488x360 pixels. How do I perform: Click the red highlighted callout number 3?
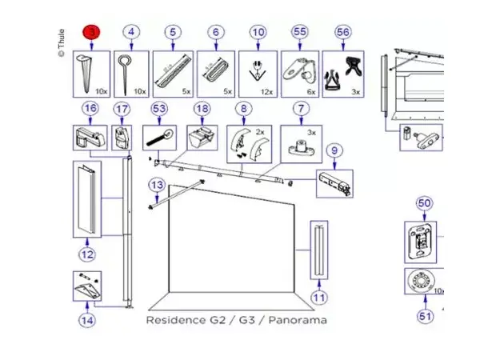[93, 32]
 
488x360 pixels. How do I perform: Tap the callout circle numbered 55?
[299, 32]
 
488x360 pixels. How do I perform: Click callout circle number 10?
[257, 32]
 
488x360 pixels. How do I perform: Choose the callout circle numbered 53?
[159, 108]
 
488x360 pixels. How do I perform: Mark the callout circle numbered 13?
[157, 186]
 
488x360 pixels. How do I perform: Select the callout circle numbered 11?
[319, 298]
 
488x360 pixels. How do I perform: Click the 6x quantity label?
[312, 93]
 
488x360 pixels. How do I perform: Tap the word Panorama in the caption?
[298, 320]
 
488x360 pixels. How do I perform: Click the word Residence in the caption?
[174, 320]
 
